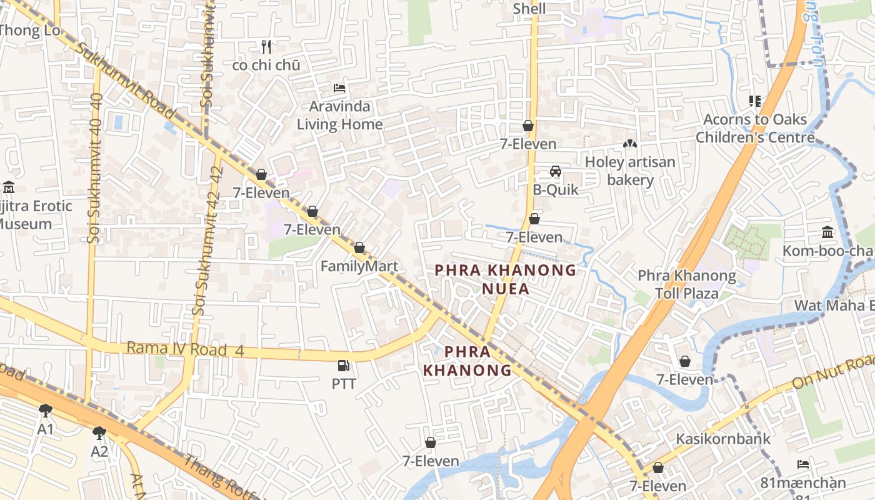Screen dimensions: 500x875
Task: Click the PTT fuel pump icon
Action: pyautogui.click(x=343, y=365)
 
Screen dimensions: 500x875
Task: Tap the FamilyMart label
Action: pyautogui.click(x=359, y=266)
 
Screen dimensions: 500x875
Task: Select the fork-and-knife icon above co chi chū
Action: pyautogui.click(x=266, y=46)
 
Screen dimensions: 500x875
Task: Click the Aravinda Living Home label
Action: pyautogui.click(x=339, y=116)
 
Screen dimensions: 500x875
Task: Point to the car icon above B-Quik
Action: pyautogui.click(x=555, y=171)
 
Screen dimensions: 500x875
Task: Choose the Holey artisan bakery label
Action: pyautogui.click(x=630, y=171)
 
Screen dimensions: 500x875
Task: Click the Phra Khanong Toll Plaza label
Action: pyautogui.click(x=686, y=284)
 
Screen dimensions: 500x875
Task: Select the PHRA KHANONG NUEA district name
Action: pyautogui.click(x=505, y=279)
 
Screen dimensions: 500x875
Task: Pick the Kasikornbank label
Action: pyautogui.click(x=723, y=439)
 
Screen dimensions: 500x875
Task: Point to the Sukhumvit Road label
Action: pyautogui.click(x=125, y=79)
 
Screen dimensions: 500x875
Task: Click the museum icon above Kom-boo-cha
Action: pyautogui.click(x=827, y=232)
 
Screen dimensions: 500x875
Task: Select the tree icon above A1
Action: pyautogui.click(x=45, y=411)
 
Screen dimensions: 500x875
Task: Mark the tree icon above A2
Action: pyautogui.click(x=99, y=432)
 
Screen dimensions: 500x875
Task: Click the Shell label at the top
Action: pyautogui.click(x=529, y=9)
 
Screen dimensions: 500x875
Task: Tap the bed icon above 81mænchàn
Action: pyautogui.click(x=803, y=464)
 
